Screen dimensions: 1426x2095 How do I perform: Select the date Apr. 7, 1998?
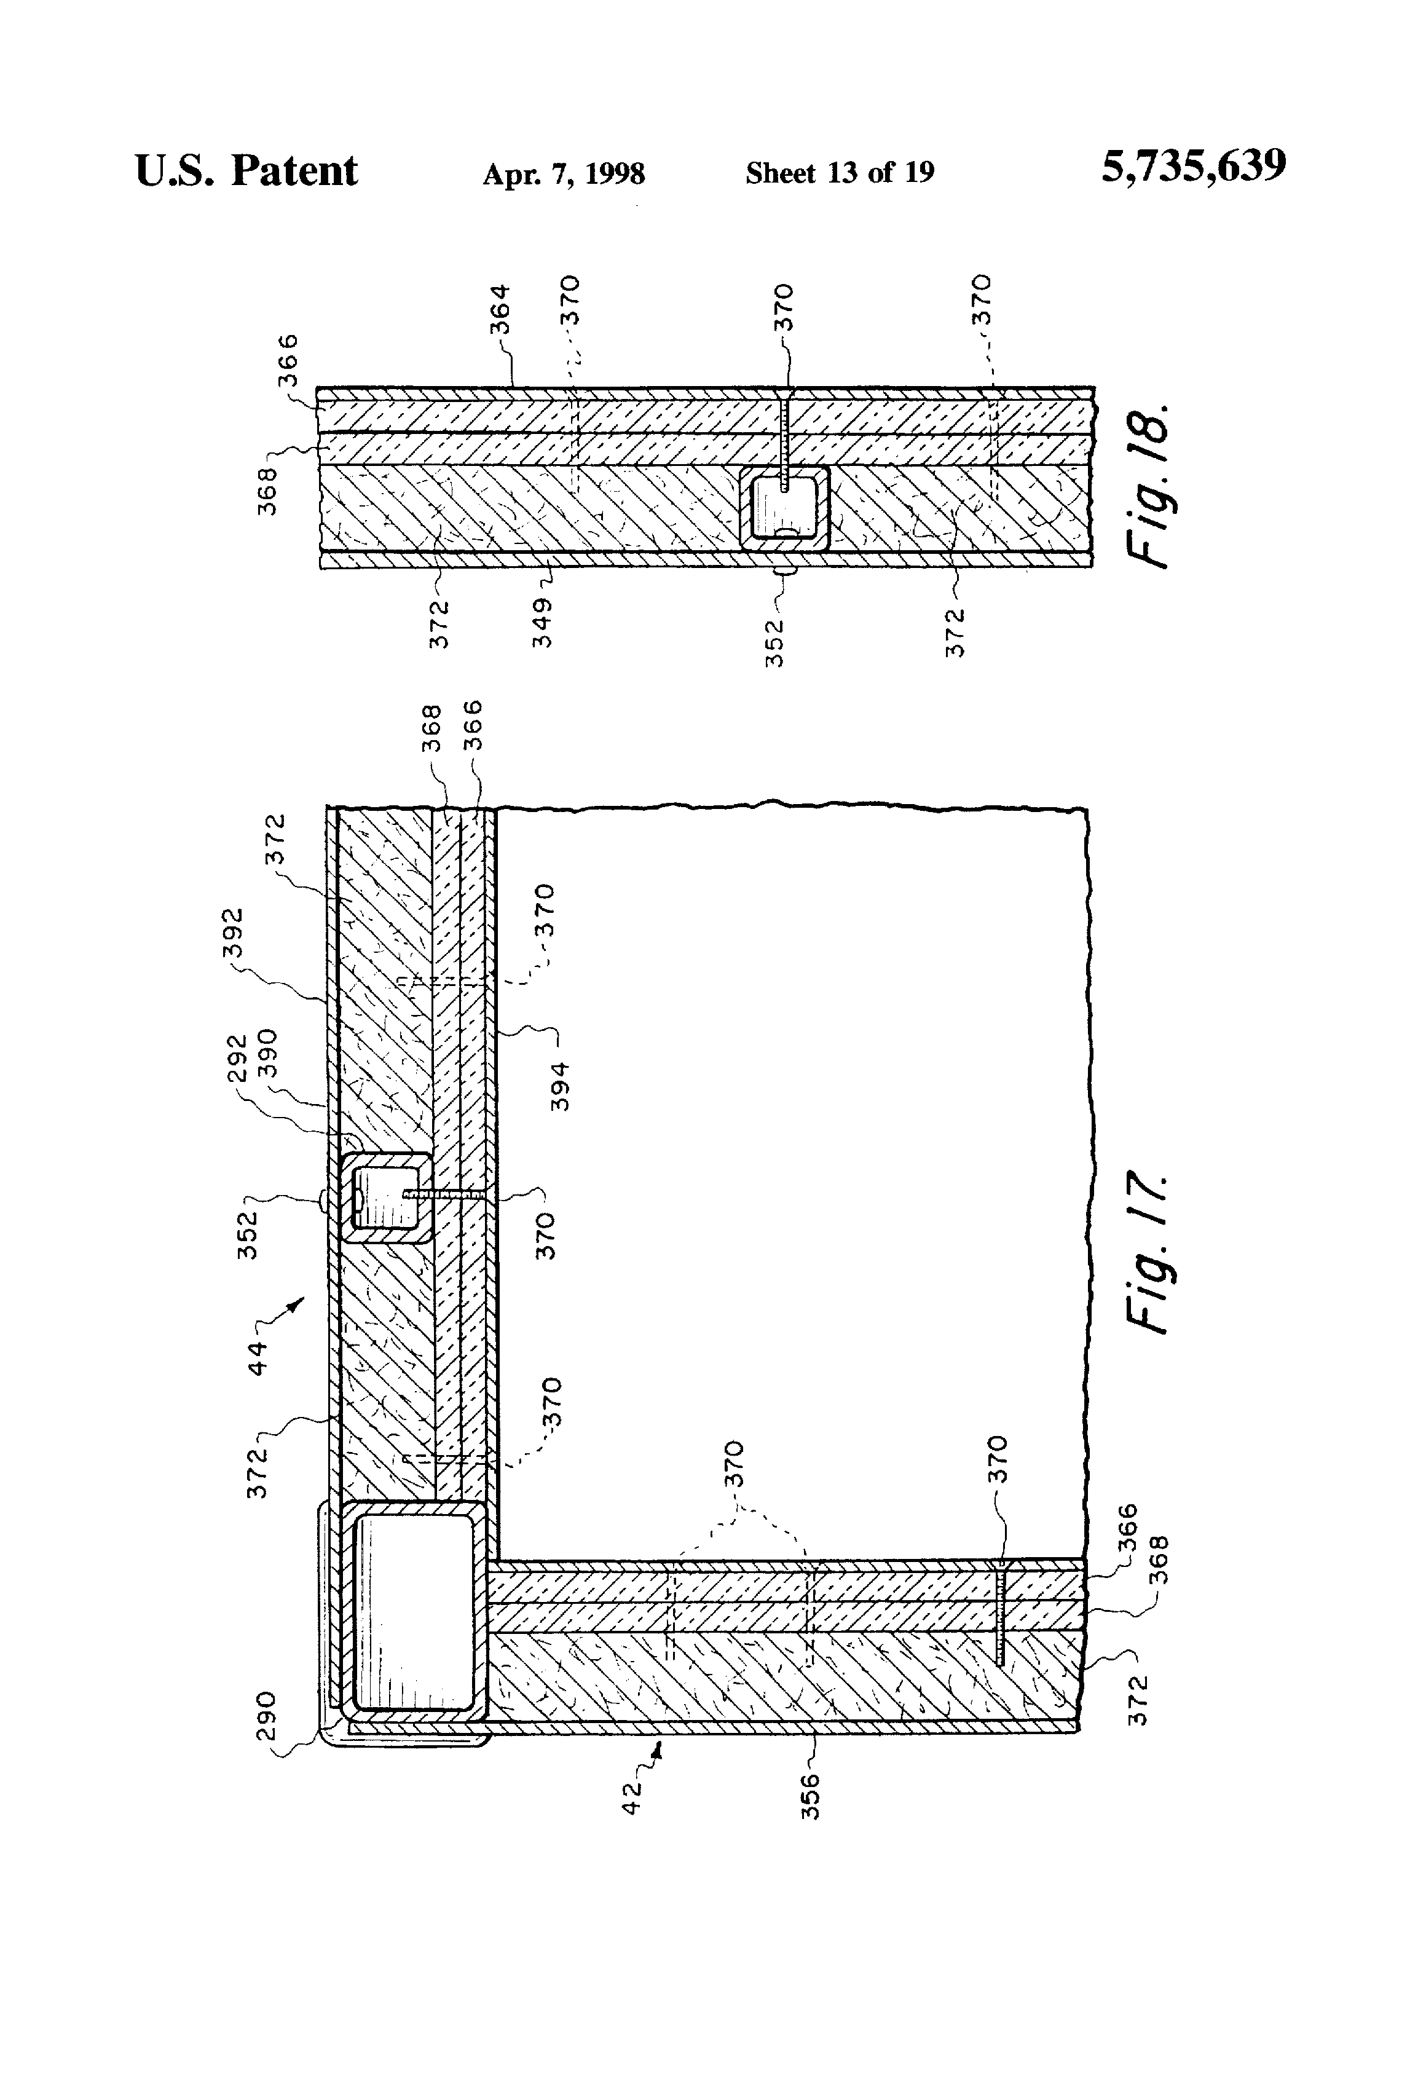coord(564,173)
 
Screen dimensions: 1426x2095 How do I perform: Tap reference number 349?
coord(542,622)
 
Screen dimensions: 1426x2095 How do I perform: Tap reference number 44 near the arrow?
coord(258,1359)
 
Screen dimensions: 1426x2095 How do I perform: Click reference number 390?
coord(268,1055)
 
